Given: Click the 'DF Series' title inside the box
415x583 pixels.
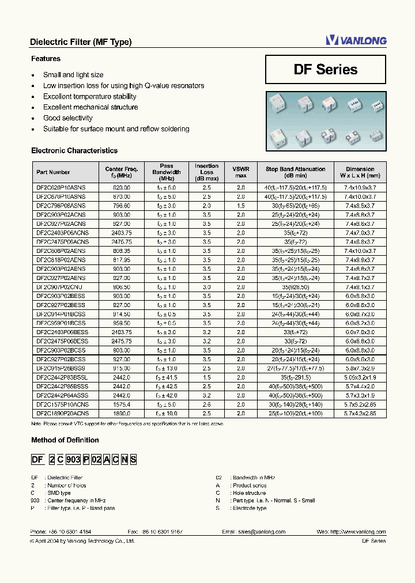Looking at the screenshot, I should click(x=325, y=70).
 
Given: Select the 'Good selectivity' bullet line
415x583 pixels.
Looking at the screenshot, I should click(x=67, y=118).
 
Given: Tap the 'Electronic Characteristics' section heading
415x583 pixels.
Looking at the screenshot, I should click(x=74, y=151).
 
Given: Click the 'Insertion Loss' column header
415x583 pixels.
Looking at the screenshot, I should click(x=206, y=172).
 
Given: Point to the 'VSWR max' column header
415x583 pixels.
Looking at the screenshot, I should click(x=240, y=172).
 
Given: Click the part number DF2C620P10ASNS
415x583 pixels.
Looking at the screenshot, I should click(x=61, y=188).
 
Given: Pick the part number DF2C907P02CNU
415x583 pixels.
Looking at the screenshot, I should click(x=60, y=287).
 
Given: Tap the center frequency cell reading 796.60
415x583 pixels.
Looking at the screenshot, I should click(x=119, y=206).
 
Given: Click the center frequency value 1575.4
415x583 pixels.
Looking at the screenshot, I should click(x=119, y=404).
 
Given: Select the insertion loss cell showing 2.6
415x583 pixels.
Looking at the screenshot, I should click(x=206, y=404).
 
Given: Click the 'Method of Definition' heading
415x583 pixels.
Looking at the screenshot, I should click(x=65, y=440).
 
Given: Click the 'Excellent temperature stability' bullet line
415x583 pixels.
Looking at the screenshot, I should click(x=89, y=97).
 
